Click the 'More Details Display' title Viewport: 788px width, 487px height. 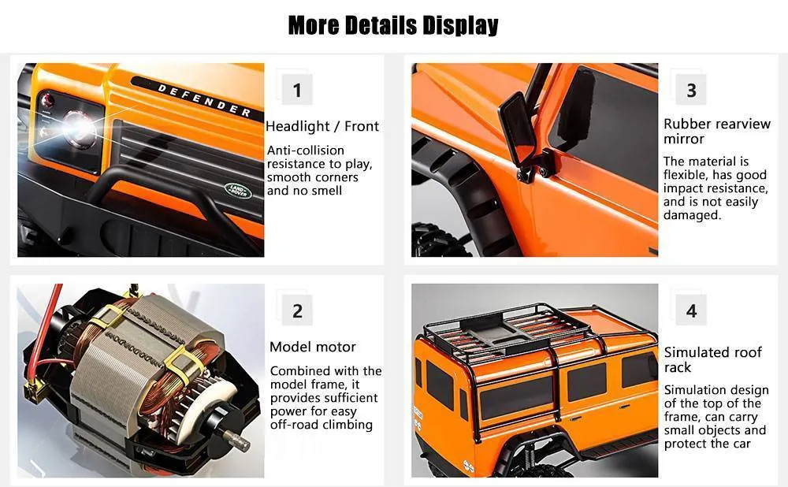(393, 25)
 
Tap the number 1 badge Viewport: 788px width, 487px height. (297, 90)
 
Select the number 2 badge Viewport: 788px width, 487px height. (297, 310)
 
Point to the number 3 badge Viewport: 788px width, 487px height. (692, 90)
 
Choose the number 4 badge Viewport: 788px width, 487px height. (692, 310)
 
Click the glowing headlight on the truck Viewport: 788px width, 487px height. (78, 127)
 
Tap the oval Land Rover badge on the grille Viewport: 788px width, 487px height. (238, 190)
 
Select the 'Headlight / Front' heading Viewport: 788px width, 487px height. (322, 126)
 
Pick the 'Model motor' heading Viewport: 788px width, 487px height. (313, 347)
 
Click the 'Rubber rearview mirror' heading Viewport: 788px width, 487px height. (716, 131)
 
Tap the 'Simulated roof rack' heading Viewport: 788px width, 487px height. (712, 360)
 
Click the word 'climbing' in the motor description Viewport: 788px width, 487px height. (348, 426)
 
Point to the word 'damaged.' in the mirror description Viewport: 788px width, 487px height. (692, 215)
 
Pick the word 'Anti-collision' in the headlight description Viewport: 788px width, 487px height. (306, 151)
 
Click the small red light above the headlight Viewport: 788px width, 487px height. (48, 100)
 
